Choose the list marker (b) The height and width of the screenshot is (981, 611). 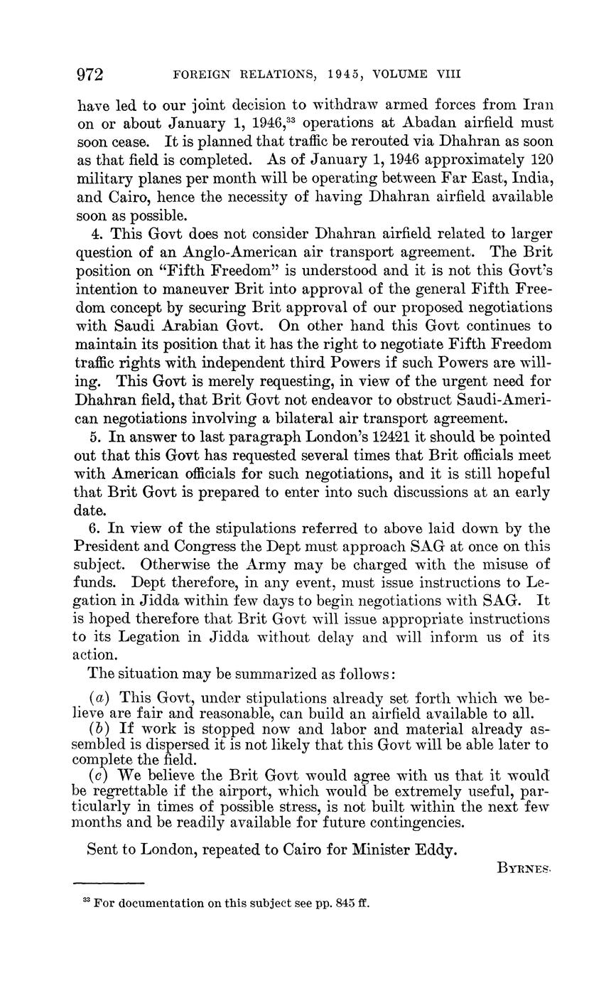tap(99, 729)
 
